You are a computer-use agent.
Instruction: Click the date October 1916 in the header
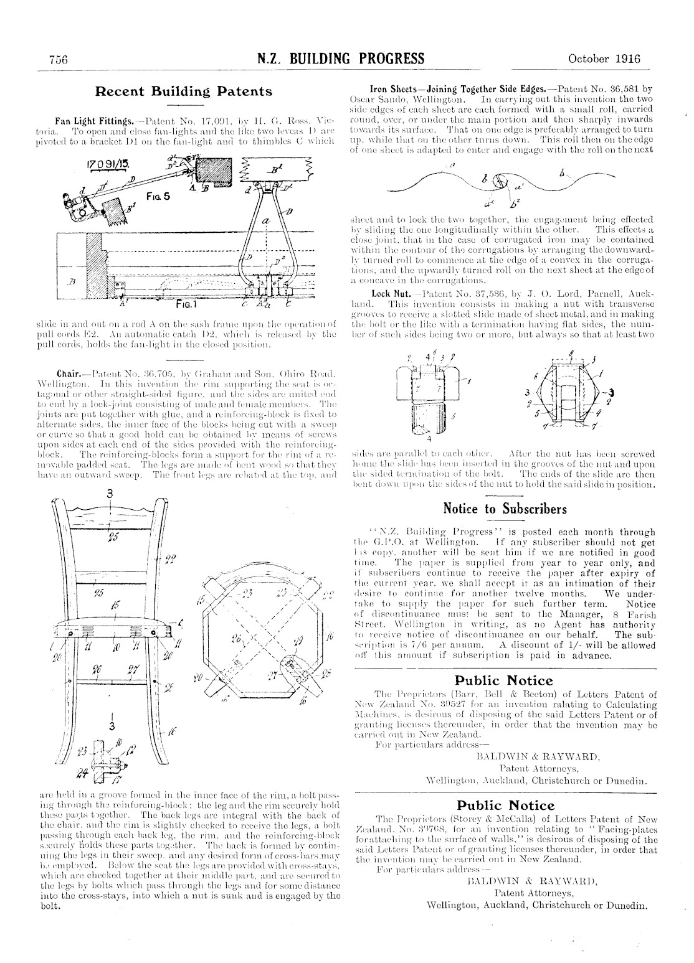[604, 59]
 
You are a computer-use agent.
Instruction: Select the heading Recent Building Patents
[183, 92]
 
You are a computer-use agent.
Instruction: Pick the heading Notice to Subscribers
[505, 509]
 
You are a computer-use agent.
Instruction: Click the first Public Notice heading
[504, 680]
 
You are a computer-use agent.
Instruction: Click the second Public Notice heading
[504, 806]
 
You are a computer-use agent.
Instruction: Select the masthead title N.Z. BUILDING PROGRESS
[341, 59]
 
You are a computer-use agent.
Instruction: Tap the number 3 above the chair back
[110, 494]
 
